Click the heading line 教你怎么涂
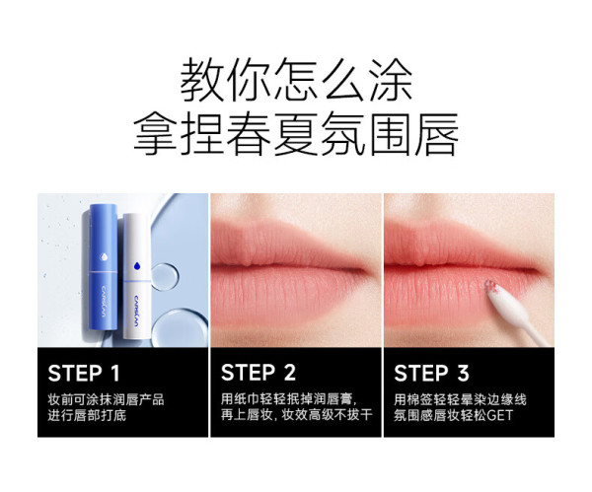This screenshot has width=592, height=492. pos(296,80)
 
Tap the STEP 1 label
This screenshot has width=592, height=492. pos(84,373)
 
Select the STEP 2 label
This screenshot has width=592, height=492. pos(259,373)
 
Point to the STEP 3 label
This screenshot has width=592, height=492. pos(431,373)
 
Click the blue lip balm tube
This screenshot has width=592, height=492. pos(103,267)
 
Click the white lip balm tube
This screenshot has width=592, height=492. pos(137,276)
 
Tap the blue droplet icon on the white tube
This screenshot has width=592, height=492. pos(137,265)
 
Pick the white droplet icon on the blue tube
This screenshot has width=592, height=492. pos(103,256)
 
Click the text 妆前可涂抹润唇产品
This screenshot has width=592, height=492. pos(107,400)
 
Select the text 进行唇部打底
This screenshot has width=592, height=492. pos(87,415)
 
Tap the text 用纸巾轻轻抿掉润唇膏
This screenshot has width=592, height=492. pos(287,399)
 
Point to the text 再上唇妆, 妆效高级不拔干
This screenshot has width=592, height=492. pos(297,415)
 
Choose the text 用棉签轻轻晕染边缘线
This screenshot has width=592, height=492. pos(460,399)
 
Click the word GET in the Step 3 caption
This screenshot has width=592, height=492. pos(499,415)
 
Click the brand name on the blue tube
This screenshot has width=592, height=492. pos(104,302)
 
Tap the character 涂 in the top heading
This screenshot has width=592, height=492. pos(391,80)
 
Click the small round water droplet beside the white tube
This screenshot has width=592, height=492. pos(165,276)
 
